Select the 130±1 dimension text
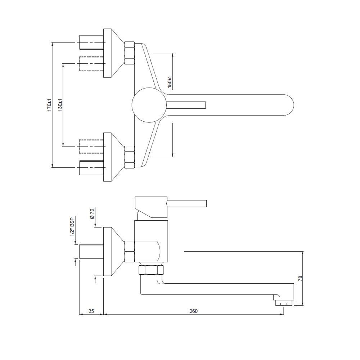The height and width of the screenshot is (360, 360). pos(60,105)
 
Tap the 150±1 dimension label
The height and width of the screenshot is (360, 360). pos(170,82)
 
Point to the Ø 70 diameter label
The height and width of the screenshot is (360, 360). pos(92,213)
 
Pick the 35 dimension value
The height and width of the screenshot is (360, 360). pos(91,311)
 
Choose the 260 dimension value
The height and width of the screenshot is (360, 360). pos(194,311)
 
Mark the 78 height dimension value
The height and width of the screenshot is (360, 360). pos(300,279)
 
